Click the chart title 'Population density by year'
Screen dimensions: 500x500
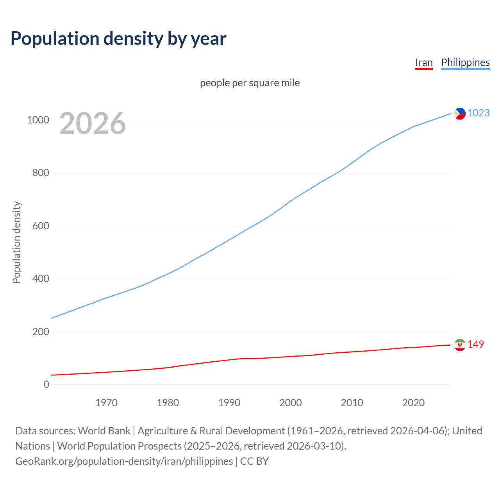pos(118,38)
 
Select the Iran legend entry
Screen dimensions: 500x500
pos(424,62)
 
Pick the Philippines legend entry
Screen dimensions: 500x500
pos(465,62)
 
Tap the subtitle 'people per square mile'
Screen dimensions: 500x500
pos(250,83)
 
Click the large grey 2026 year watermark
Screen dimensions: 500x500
pos(93,123)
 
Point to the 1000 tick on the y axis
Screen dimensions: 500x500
pos(38,120)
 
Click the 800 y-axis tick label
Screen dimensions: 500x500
pos(41,173)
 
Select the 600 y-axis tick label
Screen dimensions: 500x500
pos(41,226)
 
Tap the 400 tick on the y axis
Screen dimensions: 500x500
pos(41,279)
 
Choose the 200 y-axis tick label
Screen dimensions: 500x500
pos(41,332)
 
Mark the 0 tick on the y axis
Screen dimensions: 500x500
pos(46,384)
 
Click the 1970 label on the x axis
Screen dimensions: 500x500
pos(106,403)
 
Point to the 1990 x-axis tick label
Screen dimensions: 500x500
pos(229,403)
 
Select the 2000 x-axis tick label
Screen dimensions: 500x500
pos(291,403)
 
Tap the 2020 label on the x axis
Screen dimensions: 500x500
pos(413,403)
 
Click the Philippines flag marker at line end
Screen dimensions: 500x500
pos(460,114)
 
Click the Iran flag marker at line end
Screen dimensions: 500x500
pos(460,345)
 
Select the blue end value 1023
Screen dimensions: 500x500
pos(479,113)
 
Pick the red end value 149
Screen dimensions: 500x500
pos(476,344)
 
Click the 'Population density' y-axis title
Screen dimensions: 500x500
pos(16,242)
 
